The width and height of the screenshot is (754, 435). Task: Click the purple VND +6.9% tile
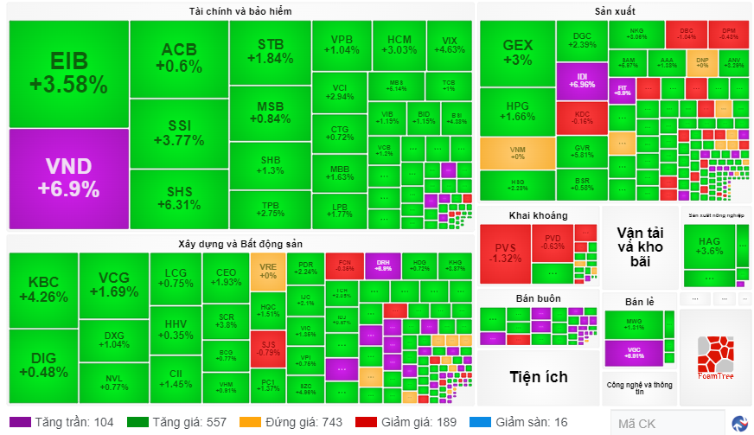pyautogui.click(x=67, y=178)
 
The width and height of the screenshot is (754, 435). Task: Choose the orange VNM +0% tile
pyautogui.click(x=517, y=152)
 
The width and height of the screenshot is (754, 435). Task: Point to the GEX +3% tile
pyautogui.click(x=517, y=51)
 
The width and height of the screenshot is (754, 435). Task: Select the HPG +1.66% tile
pyautogui.click(x=517, y=111)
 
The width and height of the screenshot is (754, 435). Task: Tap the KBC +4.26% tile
pyautogui.click(x=42, y=289)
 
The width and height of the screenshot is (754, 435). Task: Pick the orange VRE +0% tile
pyautogui.click(x=267, y=271)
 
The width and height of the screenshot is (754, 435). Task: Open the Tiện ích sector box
pyautogui.click(x=538, y=376)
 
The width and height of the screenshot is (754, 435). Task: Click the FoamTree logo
pyautogui.click(x=714, y=356)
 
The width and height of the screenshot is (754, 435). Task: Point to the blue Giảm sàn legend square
pyautogui.click(x=474, y=422)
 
